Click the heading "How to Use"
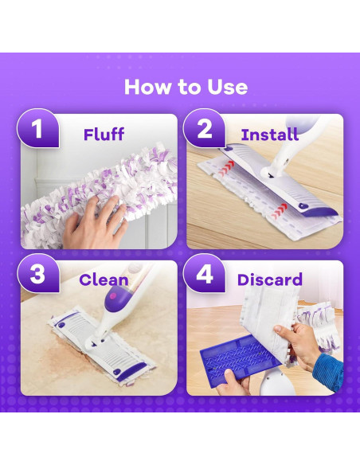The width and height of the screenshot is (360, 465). click(x=186, y=87)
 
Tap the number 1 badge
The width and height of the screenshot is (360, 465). click(x=37, y=128)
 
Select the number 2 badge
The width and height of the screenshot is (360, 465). click(x=205, y=128)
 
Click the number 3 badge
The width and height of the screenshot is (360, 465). click(x=37, y=273)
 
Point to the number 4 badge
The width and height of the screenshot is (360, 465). click(x=205, y=273)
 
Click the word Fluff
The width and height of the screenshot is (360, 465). click(x=104, y=135)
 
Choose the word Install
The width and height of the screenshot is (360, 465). click(x=269, y=135)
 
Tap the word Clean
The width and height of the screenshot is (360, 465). click(x=104, y=280)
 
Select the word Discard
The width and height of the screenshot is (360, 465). click(x=269, y=279)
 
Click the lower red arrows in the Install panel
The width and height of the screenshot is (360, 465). click(x=279, y=210)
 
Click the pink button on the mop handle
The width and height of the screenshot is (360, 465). click(x=113, y=295)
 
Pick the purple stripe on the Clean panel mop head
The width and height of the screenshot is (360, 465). click(x=131, y=372)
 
